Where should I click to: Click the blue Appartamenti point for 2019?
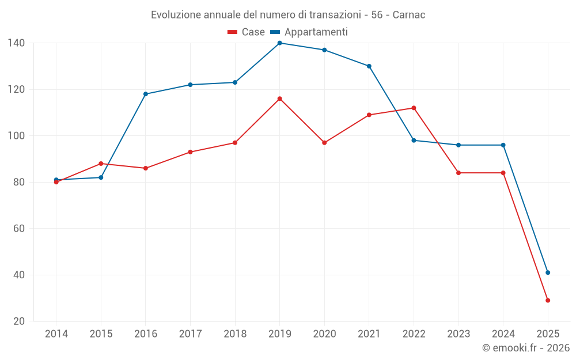coord(279,43)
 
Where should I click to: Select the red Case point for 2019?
coord(279,98)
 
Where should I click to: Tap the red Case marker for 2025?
coord(548,300)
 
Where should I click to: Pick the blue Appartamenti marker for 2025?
coord(548,272)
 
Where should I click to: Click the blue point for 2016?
coord(146,94)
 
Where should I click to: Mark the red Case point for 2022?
coord(414,108)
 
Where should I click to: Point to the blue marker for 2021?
coord(369,66)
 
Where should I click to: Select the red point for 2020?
coord(324,142)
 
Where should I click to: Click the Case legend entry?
coord(247,32)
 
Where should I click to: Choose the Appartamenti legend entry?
coord(309,32)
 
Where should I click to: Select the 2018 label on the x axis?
coord(235,334)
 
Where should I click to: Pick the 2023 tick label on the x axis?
coord(458,334)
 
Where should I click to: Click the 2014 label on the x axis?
coord(56,334)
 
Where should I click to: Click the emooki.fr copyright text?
coord(525,348)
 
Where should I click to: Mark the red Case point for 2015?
coord(101,164)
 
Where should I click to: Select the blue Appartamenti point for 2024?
coord(503,145)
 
